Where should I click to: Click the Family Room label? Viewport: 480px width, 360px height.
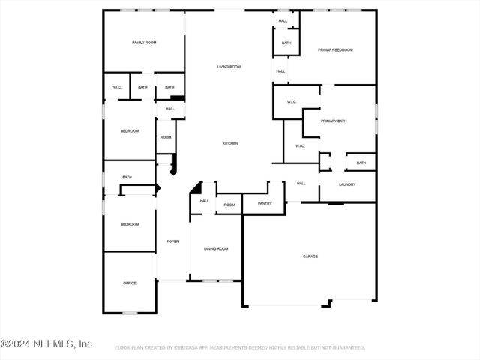pyautogui.click(x=144, y=43)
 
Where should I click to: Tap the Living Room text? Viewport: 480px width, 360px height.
pyautogui.click(x=229, y=67)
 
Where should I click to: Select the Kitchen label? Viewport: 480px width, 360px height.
pyautogui.click(x=230, y=143)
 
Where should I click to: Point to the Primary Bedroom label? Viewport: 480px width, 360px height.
pyautogui.click(x=335, y=50)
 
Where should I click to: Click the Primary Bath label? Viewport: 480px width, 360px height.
pyautogui.click(x=334, y=121)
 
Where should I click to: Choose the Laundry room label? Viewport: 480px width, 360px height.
pyautogui.click(x=347, y=184)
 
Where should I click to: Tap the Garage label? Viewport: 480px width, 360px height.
pyautogui.click(x=310, y=256)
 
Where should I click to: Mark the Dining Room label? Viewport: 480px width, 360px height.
pyautogui.click(x=217, y=248)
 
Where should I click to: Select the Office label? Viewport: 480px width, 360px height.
pyautogui.click(x=130, y=283)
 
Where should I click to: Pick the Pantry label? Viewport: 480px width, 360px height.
pyautogui.click(x=265, y=204)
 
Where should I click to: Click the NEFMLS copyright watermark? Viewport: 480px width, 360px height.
pyautogui.click(x=46, y=344)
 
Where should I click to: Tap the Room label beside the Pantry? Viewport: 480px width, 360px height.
pyautogui.click(x=229, y=205)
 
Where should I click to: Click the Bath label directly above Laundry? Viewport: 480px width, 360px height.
pyautogui.click(x=361, y=163)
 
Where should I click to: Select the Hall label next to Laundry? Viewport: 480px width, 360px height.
pyautogui.click(x=301, y=184)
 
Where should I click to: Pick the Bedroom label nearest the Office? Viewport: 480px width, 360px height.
pyautogui.click(x=130, y=224)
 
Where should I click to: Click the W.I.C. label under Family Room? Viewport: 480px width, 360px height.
pyautogui.click(x=117, y=87)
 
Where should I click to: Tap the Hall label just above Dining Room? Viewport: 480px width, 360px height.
pyautogui.click(x=204, y=201)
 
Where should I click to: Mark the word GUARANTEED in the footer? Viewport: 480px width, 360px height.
pyautogui.click(x=345, y=348)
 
